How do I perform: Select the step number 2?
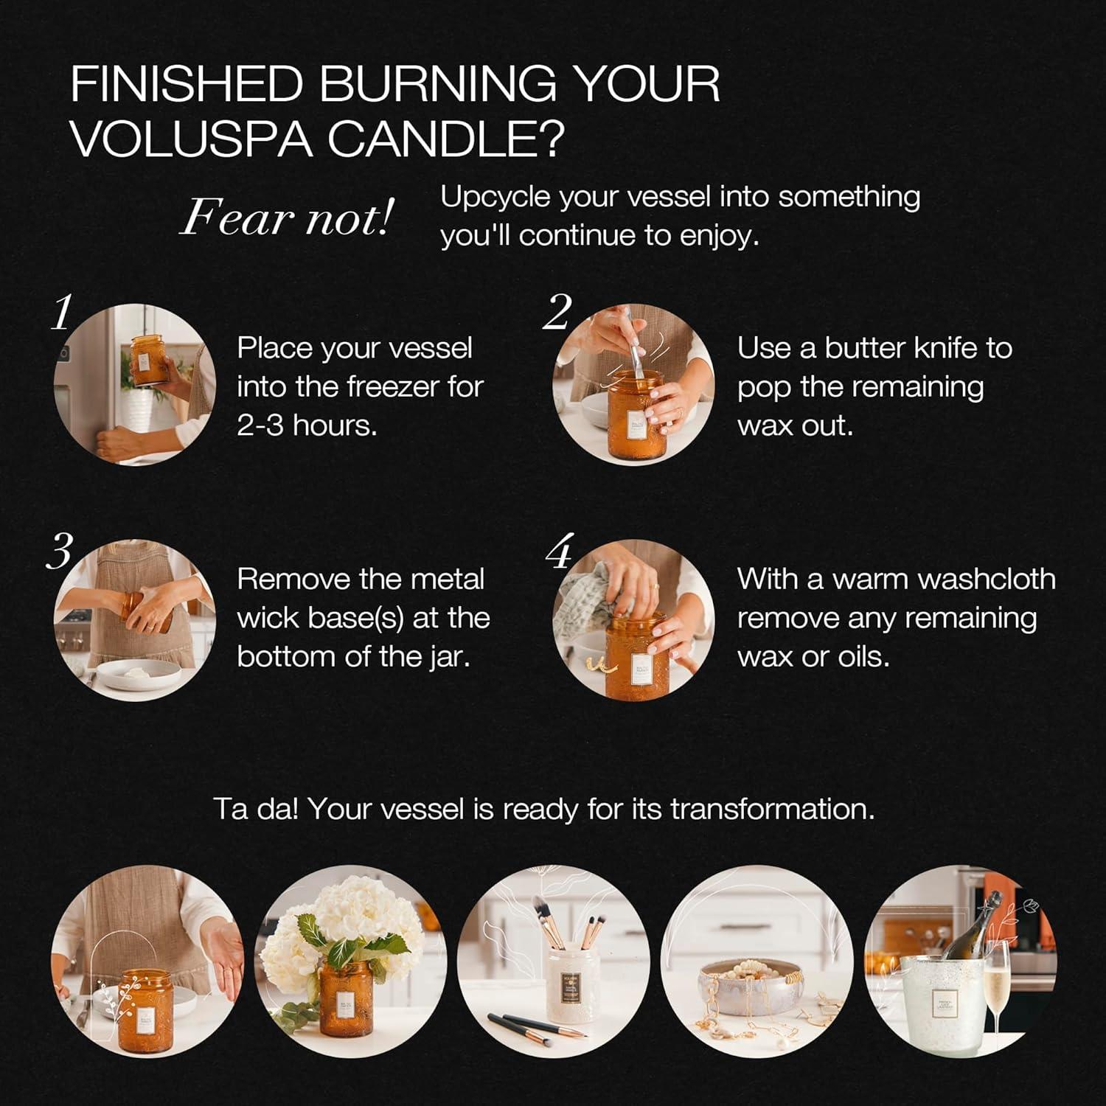(x=557, y=313)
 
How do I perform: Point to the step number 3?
(x=60, y=552)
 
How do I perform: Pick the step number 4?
(x=560, y=552)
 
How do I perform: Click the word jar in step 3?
(x=449, y=657)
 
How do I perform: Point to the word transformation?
(x=772, y=810)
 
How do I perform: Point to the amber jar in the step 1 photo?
(x=148, y=359)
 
